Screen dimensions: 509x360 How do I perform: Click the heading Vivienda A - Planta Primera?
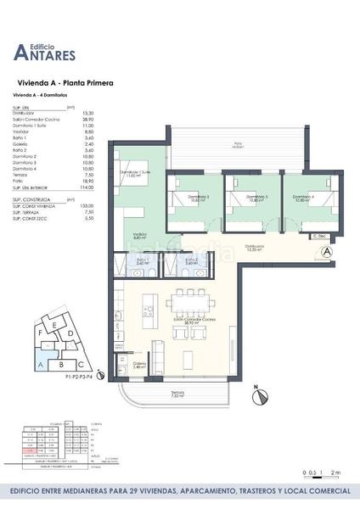(66, 85)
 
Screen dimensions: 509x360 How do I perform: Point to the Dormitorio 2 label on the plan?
(200, 199)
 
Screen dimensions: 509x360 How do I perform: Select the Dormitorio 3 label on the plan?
(257, 199)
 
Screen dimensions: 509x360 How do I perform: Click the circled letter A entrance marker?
(328, 252)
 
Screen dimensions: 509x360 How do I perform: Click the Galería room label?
(138, 364)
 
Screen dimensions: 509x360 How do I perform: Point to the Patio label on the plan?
(238, 145)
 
